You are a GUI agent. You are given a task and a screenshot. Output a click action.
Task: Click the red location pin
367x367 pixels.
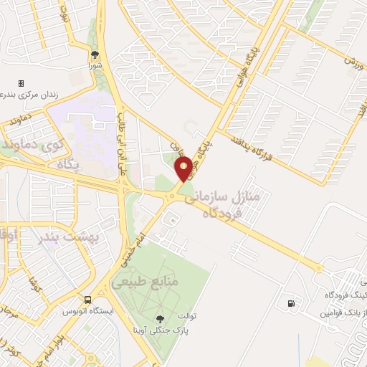click(x=184, y=170)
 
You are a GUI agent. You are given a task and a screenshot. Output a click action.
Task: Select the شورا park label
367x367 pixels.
click(x=95, y=65)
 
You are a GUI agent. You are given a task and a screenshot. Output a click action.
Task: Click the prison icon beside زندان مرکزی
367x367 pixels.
click(x=21, y=84)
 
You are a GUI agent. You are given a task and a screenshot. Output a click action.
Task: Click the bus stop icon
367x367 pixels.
click(x=87, y=300)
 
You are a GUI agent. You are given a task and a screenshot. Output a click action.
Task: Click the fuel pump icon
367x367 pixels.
click(x=290, y=302)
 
